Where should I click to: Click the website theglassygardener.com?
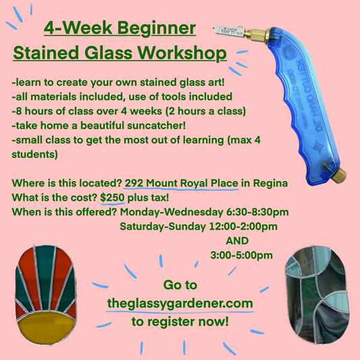(180, 304)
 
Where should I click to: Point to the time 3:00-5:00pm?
(241, 255)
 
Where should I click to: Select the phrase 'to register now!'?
(180, 322)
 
